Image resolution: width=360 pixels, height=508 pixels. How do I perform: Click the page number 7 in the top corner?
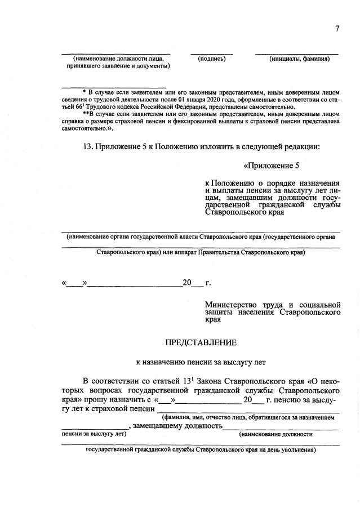pos(336,29)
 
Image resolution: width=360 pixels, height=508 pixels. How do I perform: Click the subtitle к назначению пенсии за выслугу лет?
pos(201,362)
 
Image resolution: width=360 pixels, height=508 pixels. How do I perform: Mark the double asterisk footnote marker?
pos(85,114)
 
